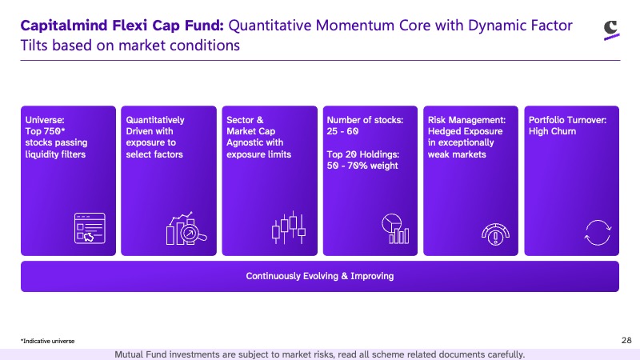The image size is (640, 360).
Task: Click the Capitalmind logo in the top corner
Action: click(x=611, y=30)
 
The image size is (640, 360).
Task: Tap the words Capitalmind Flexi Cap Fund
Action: click(x=122, y=26)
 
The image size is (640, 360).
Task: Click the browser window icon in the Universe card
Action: click(x=90, y=228)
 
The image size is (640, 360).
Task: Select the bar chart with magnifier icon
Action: click(x=186, y=229)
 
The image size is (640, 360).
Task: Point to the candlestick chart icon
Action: click(x=289, y=228)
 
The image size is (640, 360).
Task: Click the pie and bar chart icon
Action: click(x=395, y=229)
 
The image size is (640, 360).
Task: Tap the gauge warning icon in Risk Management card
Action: click(x=495, y=234)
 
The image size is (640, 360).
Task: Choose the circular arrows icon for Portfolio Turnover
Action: click(x=598, y=233)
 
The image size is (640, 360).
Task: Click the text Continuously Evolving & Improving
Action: click(x=319, y=276)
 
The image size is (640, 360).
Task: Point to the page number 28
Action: click(x=626, y=340)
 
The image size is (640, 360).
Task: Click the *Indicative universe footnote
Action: click(x=48, y=341)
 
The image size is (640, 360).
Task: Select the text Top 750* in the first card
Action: click(x=46, y=131)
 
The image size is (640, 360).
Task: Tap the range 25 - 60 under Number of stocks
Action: click(x=342, y=131)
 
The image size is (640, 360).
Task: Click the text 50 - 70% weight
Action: click(x=362, y=166)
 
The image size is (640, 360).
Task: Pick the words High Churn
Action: click(x=552, y=131)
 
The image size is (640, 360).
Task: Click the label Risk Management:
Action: click(x=466, y=120)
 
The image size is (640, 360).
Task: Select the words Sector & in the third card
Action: click(x=245, y=120)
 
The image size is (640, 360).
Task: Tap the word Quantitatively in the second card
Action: click(x=155, y=120)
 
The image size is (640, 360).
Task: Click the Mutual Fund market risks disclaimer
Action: click(x=319, y=354)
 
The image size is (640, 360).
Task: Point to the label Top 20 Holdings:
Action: click(x=363, y=154)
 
